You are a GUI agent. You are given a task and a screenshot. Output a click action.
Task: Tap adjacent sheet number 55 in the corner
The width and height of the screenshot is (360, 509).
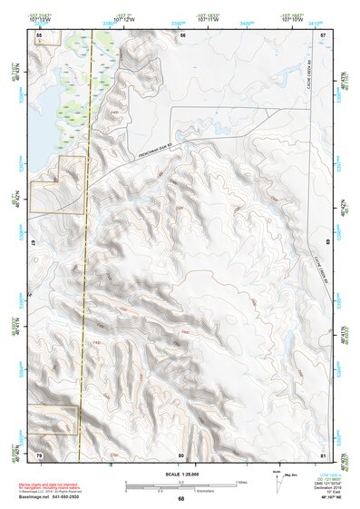click(39, 34)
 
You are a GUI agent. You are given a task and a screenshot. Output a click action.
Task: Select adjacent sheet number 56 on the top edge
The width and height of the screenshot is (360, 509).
click(182, 34)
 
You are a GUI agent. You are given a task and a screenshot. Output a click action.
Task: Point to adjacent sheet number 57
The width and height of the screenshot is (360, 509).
click(324, 34)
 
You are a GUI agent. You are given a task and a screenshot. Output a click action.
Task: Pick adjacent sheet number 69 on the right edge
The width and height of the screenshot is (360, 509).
click(327, 243)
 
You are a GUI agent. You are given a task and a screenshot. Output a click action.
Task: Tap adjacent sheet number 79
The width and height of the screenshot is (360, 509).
click(39, 454)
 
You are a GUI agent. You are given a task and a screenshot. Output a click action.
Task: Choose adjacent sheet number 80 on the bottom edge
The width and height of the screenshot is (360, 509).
click(181, 454)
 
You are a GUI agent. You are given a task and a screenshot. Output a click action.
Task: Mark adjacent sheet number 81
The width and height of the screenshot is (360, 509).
click(324, 454)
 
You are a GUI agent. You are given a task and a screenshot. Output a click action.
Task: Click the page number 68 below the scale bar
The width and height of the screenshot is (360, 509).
click(180, 498)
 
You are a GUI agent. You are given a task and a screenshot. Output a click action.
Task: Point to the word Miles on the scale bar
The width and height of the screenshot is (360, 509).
click(242, 481)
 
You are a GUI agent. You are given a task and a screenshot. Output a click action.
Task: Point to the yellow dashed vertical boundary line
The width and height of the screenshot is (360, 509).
click(86, 272)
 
